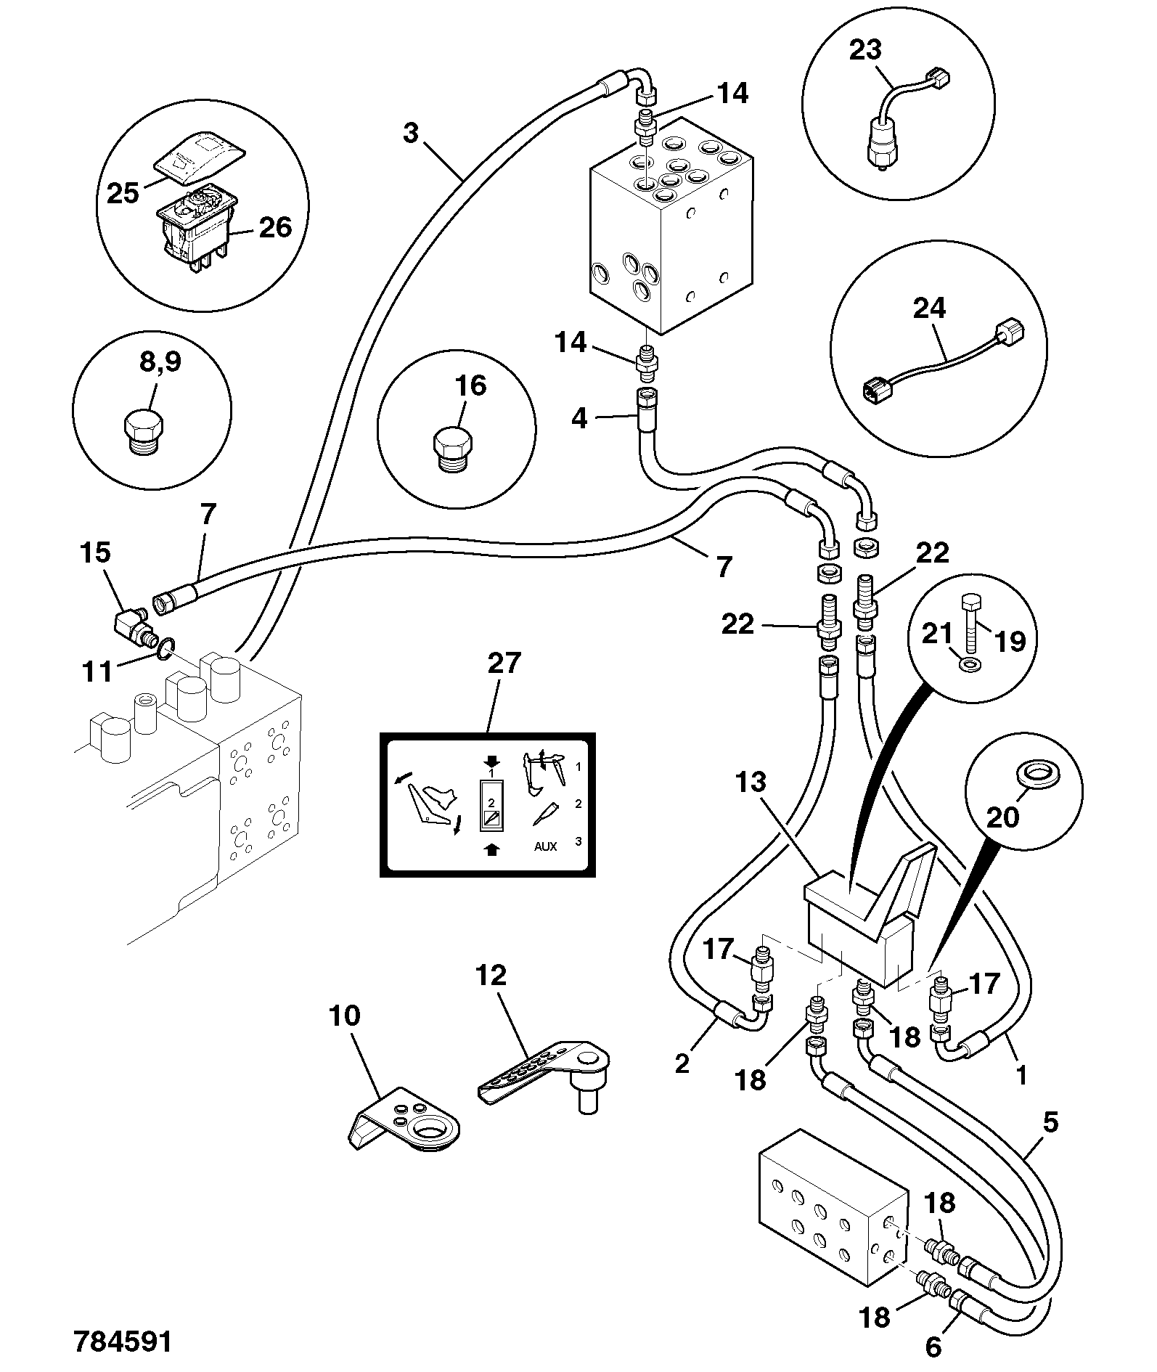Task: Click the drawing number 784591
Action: coord(123,1341)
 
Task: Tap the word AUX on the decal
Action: coord(546,846)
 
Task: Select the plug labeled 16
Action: coord(453,450)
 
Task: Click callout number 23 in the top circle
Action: coord(865,49)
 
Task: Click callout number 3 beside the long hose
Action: coord(411,133)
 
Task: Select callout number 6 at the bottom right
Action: coord(933,1346)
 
